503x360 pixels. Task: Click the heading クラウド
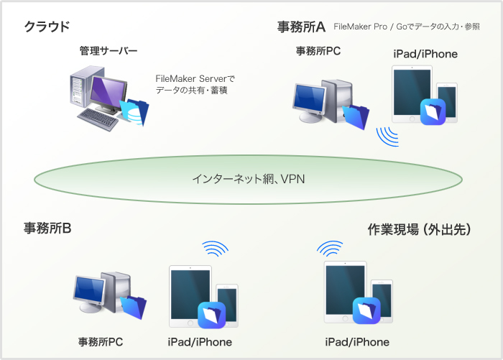(x=47, y=27)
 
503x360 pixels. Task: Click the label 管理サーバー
(x=109, y=51)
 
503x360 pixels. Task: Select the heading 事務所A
(x=301, y=27)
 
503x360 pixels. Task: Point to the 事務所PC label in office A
(x=318, y=51)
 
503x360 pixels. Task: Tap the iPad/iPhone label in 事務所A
(x=425, y=54)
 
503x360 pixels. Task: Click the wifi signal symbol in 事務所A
(x=389, y=136)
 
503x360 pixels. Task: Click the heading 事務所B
(x=47, y=229)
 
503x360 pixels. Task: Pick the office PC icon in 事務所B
(x=108, y=295)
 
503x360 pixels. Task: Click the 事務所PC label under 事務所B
(x=101, y=341)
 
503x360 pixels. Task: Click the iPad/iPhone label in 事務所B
(x=200, y=341)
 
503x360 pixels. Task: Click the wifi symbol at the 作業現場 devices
(x=330, y=249)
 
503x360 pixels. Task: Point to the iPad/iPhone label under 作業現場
(x=357, y=341)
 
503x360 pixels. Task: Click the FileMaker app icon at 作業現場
(x=366, y=310)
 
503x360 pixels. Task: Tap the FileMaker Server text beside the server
(x=195, y=78)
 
